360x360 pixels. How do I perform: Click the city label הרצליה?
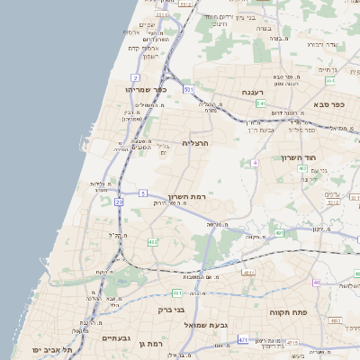point(195,143)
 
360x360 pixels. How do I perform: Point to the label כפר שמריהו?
point(147,90)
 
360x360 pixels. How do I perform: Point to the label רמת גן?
point(156,344)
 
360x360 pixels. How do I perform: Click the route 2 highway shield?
point(136,78)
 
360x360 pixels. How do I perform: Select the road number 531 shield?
point(188,90)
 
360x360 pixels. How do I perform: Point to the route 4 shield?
point(255,163)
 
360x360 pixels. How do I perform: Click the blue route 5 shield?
point(143,193)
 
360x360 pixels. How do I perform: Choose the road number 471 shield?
point(243,339)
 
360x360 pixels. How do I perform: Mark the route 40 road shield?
point(317,283)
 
